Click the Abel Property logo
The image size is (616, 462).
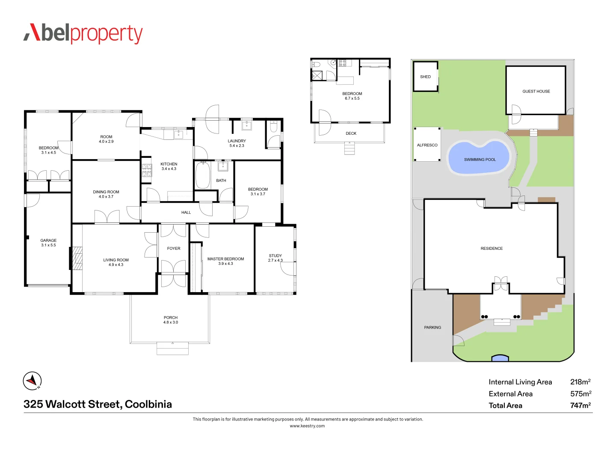(83, 33)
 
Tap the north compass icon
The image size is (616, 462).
(32, 381)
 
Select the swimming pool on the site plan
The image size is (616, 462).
(479, 157)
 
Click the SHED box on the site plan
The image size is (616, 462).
(425, 77)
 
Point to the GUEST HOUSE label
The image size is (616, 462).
(536, 91)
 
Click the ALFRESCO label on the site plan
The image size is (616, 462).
(427, 145)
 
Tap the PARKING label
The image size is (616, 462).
(432, 327)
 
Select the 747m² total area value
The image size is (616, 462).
(580, 406)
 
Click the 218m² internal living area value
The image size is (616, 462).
(580, 382)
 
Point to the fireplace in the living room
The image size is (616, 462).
(77, 258)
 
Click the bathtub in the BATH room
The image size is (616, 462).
(203, 175)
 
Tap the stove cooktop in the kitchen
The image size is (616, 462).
(147, 170)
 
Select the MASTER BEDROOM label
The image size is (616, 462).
(225, 259)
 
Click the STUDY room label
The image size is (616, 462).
(275, 256)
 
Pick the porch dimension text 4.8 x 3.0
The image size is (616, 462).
(170, 323)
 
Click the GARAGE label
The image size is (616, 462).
(48, 240)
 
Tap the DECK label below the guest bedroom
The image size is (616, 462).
(351, 133)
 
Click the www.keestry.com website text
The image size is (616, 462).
(307, 426)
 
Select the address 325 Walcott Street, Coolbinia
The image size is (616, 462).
(98, 404)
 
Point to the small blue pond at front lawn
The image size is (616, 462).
(500, 358)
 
